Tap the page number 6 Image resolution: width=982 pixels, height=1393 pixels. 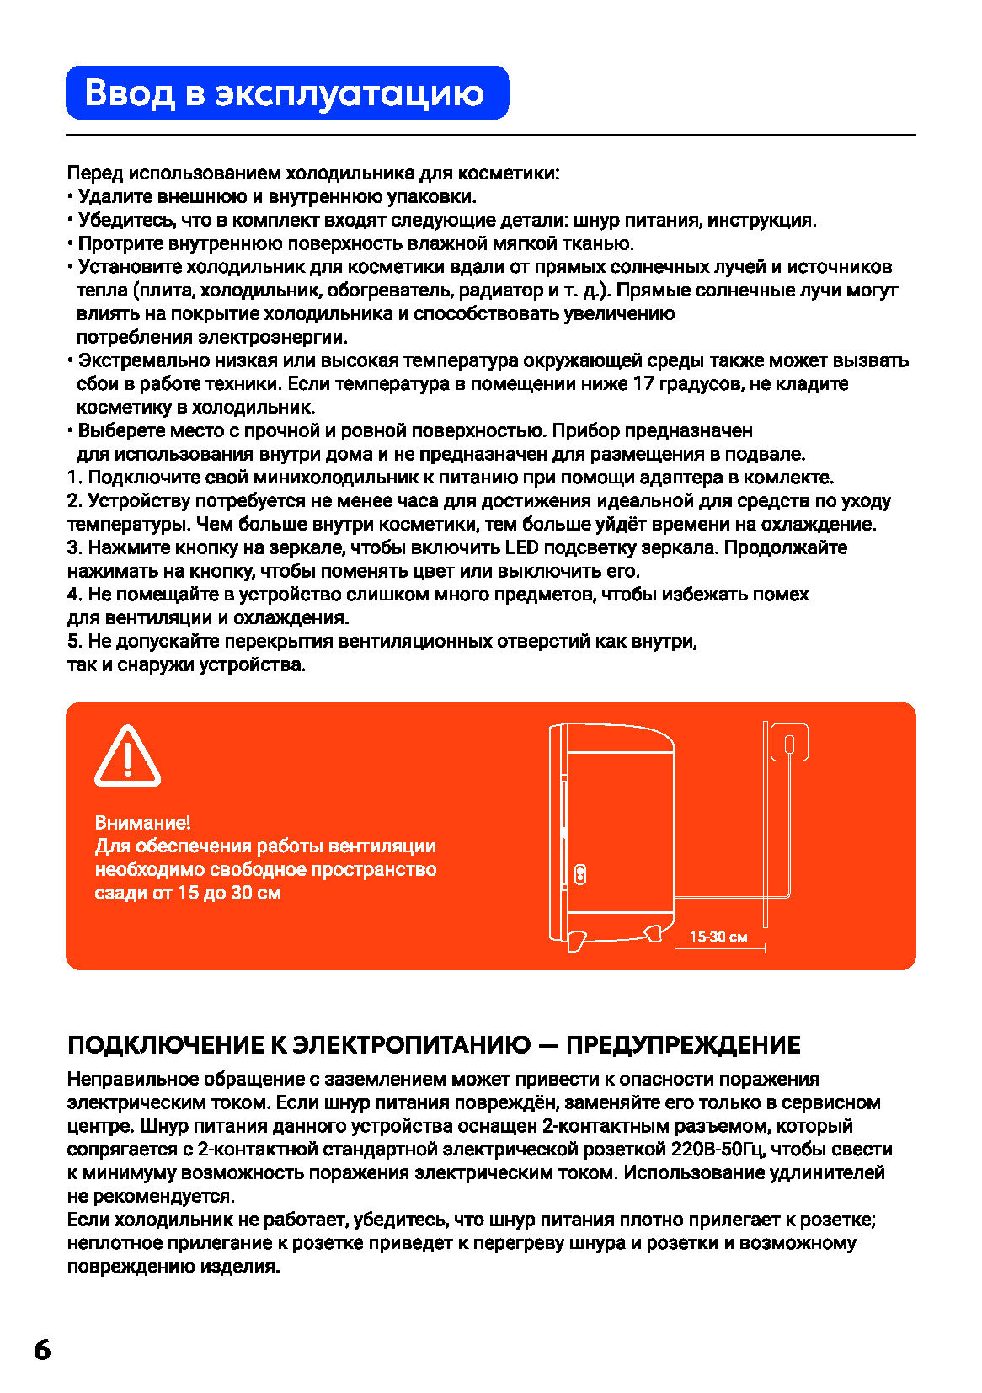click(x=42, y=1349)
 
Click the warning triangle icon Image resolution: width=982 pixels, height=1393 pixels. click(x=127, y=755)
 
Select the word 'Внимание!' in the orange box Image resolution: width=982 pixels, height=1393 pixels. click(x=142, y=823)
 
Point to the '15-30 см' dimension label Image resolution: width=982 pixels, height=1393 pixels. click(x=718, y=937)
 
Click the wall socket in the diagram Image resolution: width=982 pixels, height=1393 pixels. click(x=790, y=743)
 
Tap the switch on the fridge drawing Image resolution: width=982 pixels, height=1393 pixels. click(x=580, y=874)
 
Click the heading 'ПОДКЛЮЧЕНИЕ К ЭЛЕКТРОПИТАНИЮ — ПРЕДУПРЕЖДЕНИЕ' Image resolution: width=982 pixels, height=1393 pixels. click(x=434, y=1045)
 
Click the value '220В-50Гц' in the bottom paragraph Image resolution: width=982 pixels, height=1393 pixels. click(x=718, y=1150)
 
